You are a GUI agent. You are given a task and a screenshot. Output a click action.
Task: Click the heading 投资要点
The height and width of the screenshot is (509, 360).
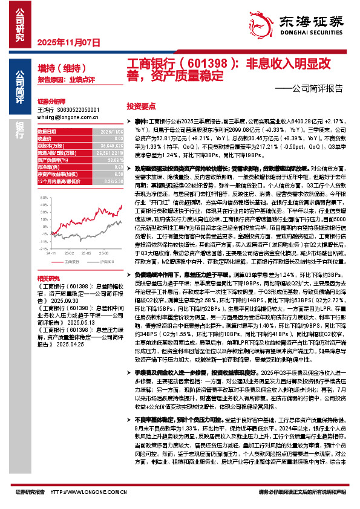[141, 105]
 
